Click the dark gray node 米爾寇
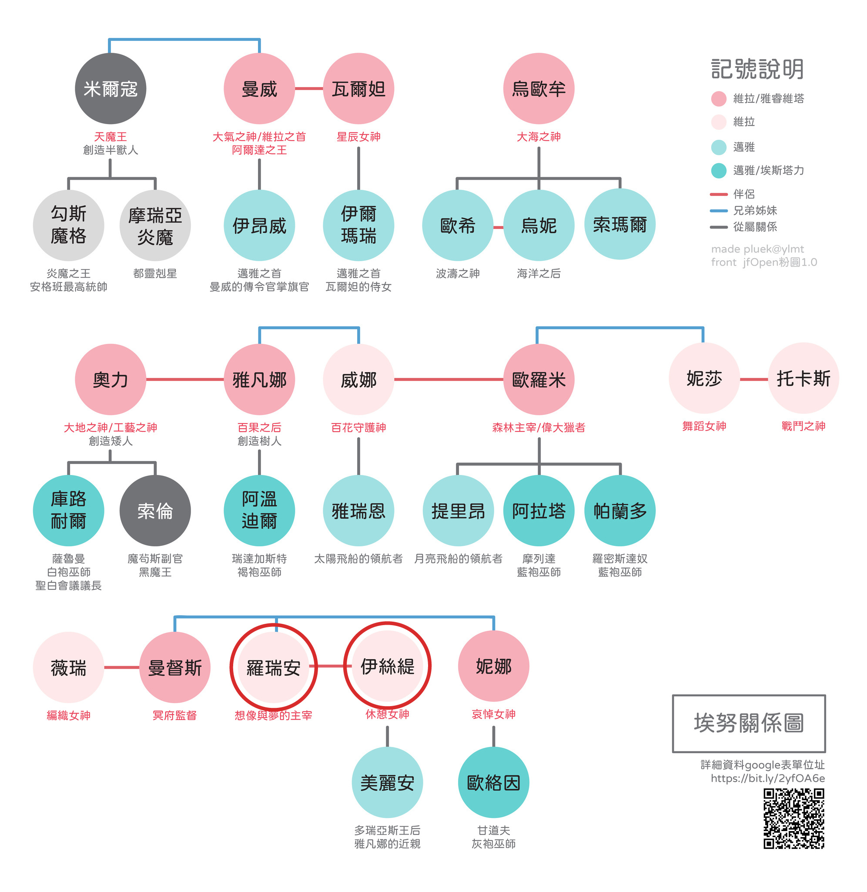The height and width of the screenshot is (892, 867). click(x=110, y=88)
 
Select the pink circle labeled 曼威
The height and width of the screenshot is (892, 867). click(x=259, y=88)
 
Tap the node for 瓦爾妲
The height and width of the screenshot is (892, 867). click(x=358, y=88)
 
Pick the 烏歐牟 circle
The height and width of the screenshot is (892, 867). click(x=539, y=88)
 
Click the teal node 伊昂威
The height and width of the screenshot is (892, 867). click(x=259, y=226)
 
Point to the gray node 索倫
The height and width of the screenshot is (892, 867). click(x=155, y=511)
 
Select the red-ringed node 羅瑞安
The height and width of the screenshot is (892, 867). click(x=273, y=667)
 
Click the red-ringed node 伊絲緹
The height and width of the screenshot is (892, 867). click(x=387, y=666)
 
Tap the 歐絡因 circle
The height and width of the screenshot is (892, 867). click(x=494, y=782)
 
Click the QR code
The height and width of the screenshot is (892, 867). click(x=793, y=819)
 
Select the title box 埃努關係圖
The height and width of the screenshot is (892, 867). click(x=749, y=723)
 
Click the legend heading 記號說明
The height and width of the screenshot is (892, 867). click(x=757, y=69)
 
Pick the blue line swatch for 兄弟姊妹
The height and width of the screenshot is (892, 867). click(x=719, y=210)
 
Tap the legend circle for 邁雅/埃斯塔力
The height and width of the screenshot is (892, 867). click(x=719, y=170)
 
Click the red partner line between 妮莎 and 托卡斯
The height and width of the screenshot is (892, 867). click(x=754, y=379)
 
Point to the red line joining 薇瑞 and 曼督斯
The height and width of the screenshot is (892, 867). click(x=121, y=667)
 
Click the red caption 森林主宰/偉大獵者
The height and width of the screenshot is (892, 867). click(x=539, y=427)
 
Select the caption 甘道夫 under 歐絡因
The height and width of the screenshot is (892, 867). click(x=494, y=830)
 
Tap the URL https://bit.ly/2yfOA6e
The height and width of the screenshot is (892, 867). click(x=768, y=778)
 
